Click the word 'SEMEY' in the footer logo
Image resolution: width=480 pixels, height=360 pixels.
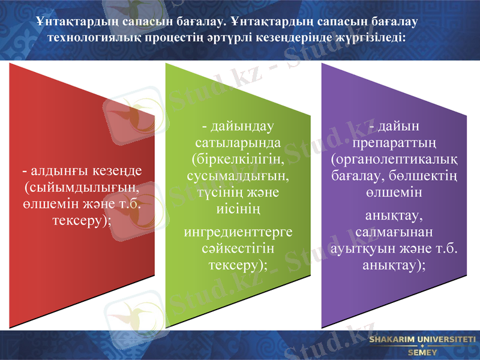[x=422, y=352]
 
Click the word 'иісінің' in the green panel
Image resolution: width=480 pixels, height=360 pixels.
[x=238, y=208]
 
